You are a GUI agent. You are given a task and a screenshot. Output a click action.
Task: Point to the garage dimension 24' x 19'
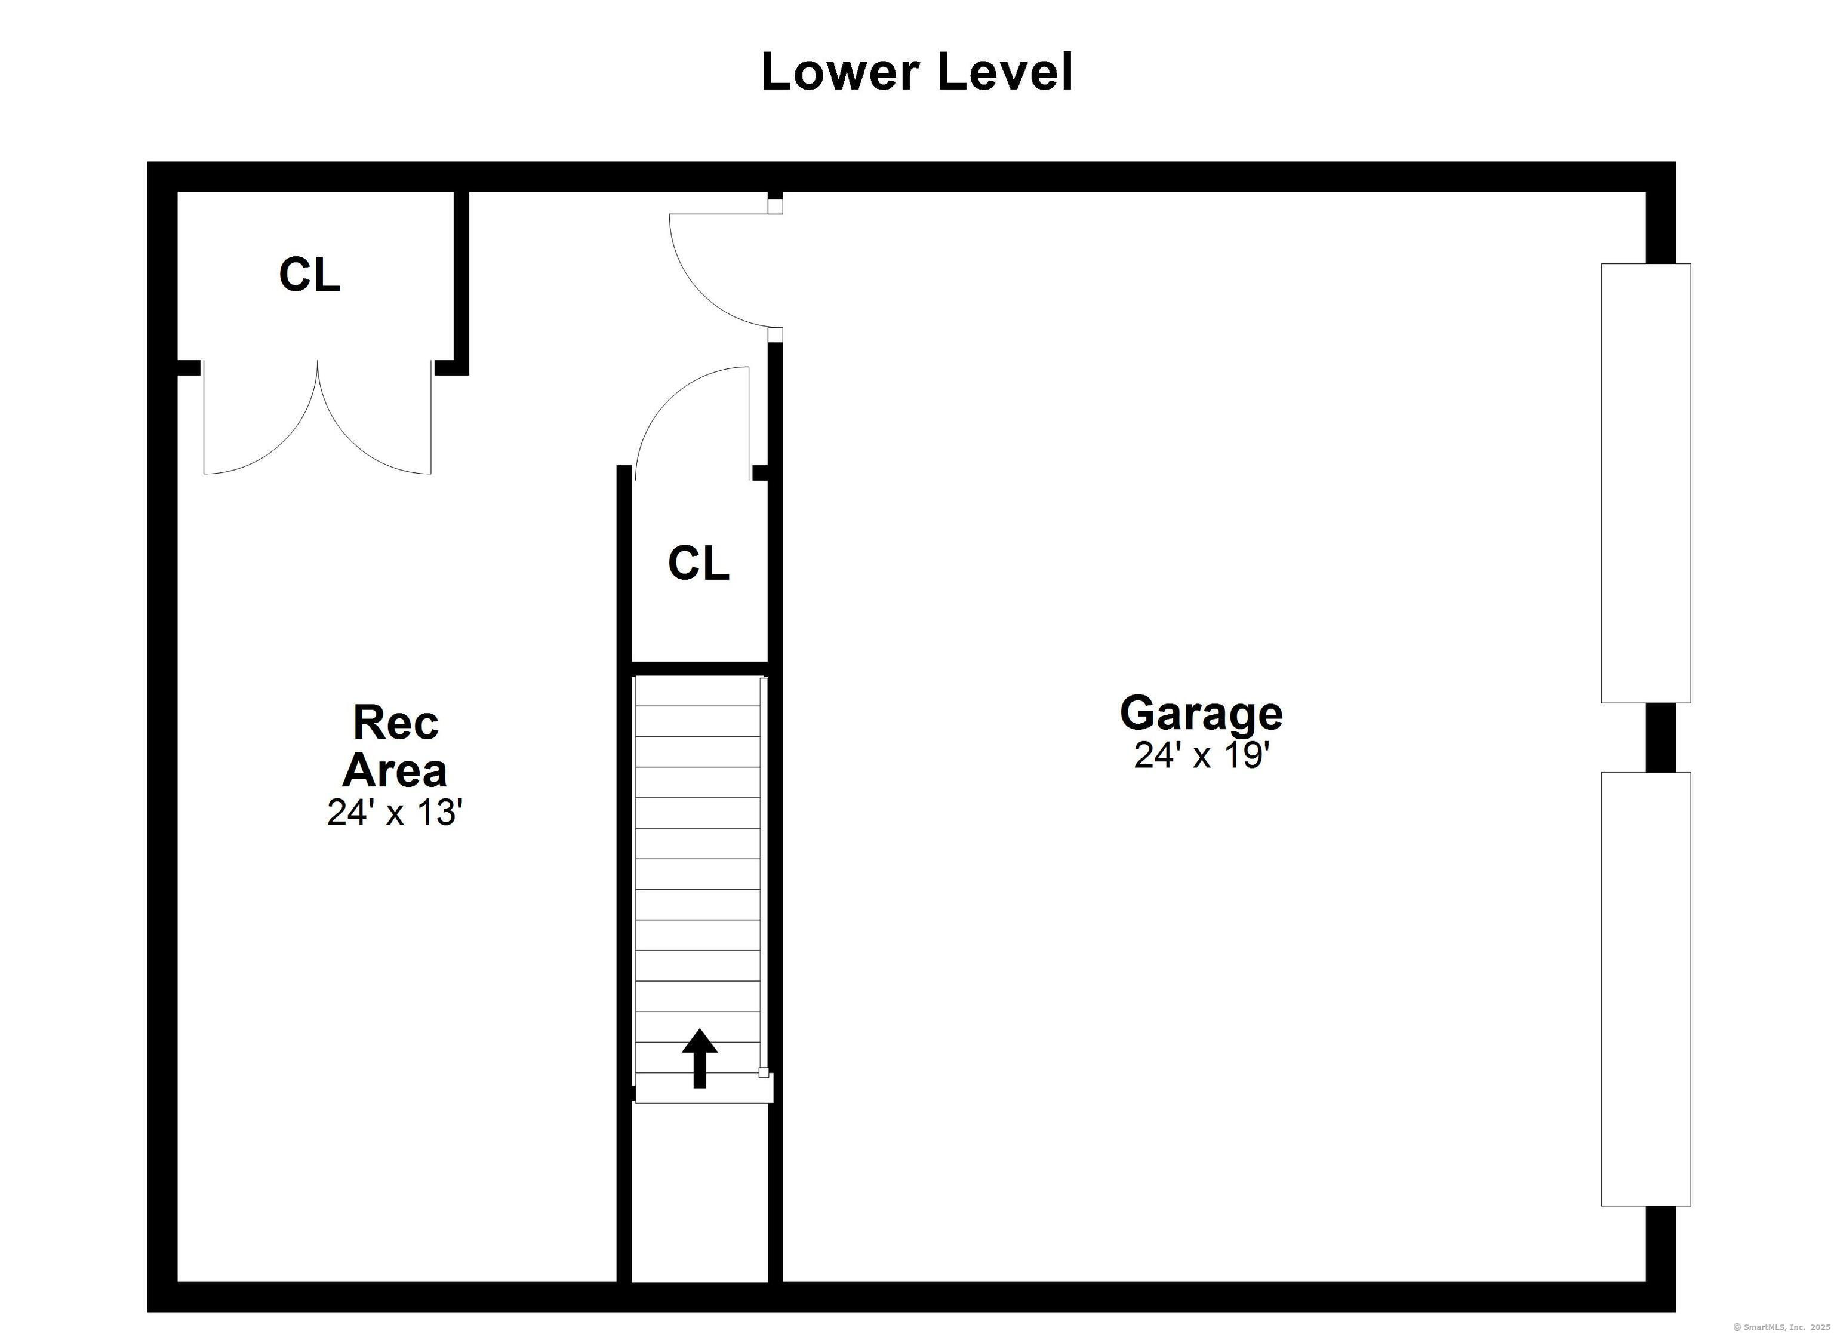point(1198,755)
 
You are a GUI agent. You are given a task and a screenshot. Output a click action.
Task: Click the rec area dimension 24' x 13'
point(395,812)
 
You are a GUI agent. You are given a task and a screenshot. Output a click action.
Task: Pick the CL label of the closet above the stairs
point(698,563)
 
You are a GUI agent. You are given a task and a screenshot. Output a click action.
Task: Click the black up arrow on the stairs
point(700,1058)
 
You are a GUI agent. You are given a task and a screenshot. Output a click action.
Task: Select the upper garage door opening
point(1645,483)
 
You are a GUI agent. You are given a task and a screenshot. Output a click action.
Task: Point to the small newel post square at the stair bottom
point(762,1072)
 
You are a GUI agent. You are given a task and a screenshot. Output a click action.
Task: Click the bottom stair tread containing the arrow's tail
point(703,1088)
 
